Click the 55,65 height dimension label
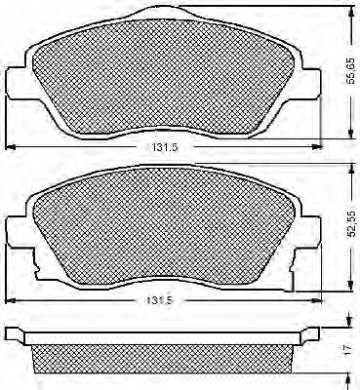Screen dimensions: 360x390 click(351, 73)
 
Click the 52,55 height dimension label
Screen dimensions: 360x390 click(351, 224)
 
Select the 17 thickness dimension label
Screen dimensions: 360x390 click(348, 349)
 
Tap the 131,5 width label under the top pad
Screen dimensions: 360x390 click(164, 147)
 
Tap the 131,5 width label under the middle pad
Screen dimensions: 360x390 click(159, 300)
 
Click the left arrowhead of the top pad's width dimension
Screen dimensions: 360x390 click(10, 147)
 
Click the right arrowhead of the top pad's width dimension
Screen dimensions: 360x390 click(317, 147)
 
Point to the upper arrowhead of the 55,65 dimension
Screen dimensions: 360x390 click(351, 12)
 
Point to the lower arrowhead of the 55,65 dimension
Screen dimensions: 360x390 click(351, 134)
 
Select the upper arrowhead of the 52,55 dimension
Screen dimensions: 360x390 click(351, 170)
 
